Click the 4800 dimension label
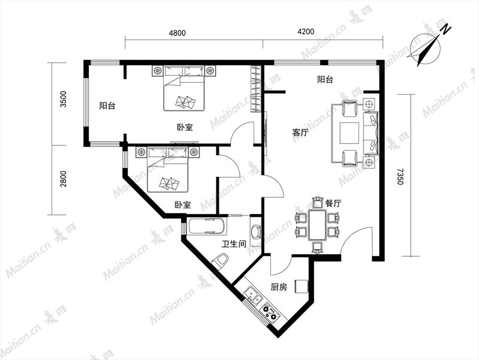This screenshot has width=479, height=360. pos(177,32)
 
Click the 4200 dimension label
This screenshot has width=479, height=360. pos(306,32)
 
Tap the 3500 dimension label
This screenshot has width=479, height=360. pos(63,99)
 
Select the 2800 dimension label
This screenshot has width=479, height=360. pos(63,179)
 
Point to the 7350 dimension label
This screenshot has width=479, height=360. pos(400,176)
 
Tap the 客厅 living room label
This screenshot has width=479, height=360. pos(300,133)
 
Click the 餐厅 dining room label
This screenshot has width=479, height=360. pos(333,203)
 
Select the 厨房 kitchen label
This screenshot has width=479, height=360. pos(279,287)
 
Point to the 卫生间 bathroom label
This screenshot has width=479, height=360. pos(234,244)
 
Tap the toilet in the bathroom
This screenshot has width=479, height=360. pos(220,261)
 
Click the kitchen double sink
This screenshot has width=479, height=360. pos(254,296)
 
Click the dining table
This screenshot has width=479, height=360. pos(317,224)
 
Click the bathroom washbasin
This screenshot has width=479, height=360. pos(255,232)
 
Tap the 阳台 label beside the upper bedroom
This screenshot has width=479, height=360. pos(107,106)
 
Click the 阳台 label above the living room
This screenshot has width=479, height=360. pos(325,80)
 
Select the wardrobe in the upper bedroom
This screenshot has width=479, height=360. pos(256,89)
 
